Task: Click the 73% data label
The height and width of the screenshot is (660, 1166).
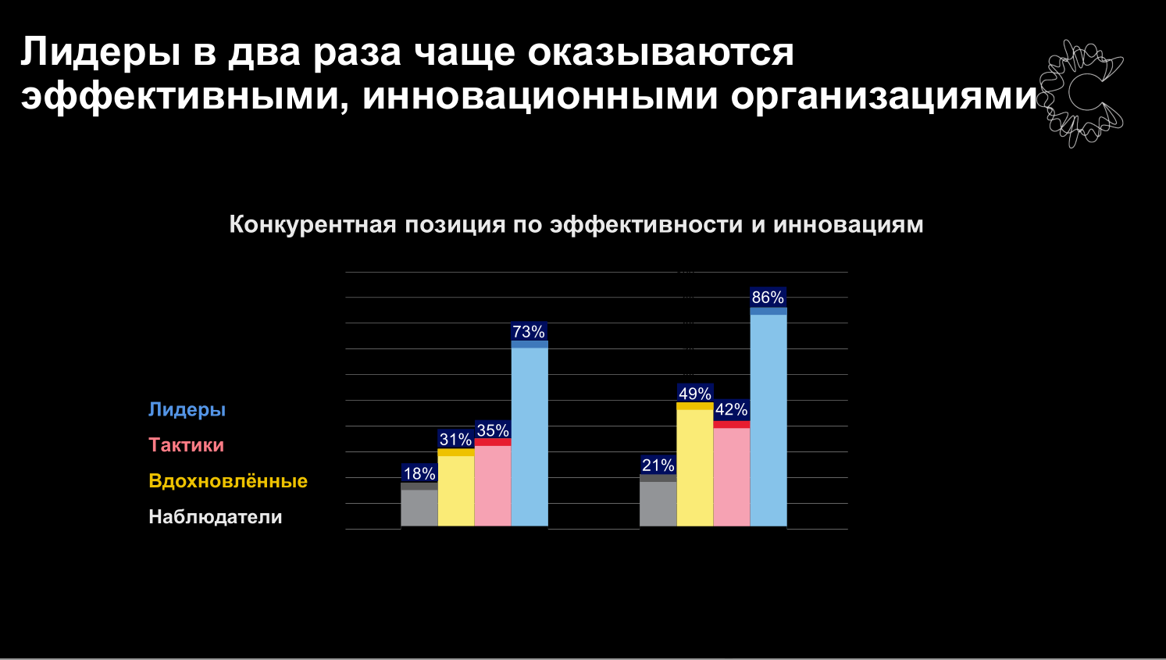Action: tap(529, 331)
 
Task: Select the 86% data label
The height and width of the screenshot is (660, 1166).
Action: tap(768, 298)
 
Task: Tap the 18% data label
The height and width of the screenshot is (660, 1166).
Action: tap(419, 473)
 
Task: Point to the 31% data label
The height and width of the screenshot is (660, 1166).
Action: tap(455, 439)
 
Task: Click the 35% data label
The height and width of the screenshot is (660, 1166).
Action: tap(493, 430)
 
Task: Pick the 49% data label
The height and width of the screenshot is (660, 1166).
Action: tap(694, 393)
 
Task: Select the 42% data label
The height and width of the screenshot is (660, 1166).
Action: tap(731, 409)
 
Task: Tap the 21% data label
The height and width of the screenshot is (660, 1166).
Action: tap(658, 465)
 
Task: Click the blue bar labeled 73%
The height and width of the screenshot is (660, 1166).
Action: tap(530, 433)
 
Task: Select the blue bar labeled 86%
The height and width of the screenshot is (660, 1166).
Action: tap(768, 417)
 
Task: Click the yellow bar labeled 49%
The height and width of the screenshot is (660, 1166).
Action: tap(695, 464)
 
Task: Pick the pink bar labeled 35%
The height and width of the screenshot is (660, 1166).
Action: tap(493, 483)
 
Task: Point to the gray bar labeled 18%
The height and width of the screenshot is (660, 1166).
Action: tap(419, 505)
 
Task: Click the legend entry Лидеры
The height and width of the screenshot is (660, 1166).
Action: tap(187, 409)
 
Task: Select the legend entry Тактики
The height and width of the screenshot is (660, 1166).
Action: tap(187, 445)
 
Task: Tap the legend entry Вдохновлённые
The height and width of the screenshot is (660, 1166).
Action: tap(228, 480)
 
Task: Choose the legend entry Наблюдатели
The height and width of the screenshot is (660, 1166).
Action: tap(216, 517)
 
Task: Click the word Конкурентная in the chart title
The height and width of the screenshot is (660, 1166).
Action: tap(313, 224)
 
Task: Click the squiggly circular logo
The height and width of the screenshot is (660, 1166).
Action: tap(1081, 94)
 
